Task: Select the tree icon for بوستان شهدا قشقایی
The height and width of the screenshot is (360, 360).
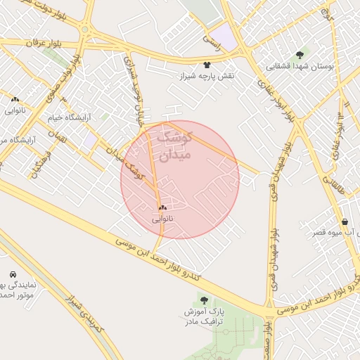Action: [300, 55]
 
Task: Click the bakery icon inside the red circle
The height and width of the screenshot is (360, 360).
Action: [162, 207]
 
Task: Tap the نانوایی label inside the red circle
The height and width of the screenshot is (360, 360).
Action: [162, 219]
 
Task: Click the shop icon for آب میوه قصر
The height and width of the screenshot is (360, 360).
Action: [344, 221]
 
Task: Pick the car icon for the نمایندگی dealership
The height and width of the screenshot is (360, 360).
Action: [13, 274]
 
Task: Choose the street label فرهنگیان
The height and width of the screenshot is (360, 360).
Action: [34, 162]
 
